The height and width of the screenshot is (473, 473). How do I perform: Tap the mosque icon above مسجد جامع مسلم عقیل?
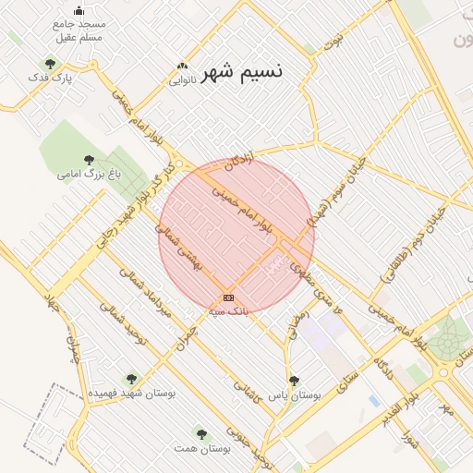click(x=79, y=10)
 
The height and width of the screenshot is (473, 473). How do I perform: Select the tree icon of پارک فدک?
click(x=50, y=64)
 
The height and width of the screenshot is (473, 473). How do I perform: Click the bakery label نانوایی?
click(x=180, y=80)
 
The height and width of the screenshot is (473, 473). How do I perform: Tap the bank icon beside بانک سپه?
click(x=228, y=297)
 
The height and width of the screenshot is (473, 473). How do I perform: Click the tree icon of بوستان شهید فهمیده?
click(x=131, y=378)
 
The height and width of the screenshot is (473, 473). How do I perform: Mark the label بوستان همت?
click(x=201, y=448)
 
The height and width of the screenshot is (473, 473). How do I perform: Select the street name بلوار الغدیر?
click(x=393, y=413)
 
